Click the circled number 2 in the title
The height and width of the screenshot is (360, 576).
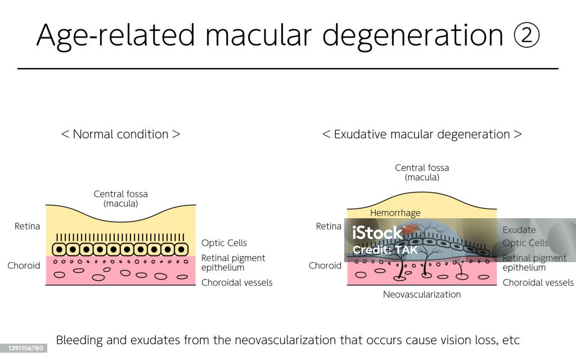(526, 35)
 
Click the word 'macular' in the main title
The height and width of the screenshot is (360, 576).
(259, 35)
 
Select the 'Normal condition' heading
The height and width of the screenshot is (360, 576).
(120, 134)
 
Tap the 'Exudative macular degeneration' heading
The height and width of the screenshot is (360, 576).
(422, 134)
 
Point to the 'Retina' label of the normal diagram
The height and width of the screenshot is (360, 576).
(28, 226)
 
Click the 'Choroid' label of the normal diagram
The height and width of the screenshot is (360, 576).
(24, 265)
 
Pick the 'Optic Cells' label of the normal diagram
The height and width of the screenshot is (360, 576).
(224, 243)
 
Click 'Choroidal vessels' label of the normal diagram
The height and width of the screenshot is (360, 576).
(237, 282)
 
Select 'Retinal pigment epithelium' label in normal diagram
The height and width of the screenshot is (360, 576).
(233, 263)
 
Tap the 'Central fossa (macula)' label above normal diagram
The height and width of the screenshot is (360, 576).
(121, 199)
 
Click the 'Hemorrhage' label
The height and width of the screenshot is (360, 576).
(395, 213)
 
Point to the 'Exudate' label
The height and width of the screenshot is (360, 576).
(519, 229)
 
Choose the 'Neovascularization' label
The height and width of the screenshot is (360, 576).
(422, 294)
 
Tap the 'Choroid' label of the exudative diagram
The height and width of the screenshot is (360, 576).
(325, 265)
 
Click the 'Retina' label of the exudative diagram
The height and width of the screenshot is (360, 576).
(329, 226)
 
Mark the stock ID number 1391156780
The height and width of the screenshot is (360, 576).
(23, 349)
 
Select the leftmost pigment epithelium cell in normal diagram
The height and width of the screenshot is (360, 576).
(59, 249)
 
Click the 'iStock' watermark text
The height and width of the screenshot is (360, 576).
(377, 232)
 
